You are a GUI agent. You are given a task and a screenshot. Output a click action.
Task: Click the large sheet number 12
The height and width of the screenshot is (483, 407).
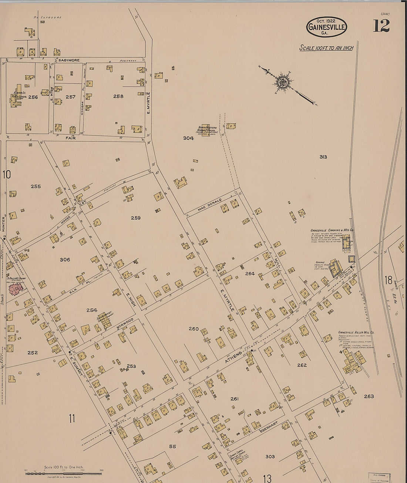[381, 26]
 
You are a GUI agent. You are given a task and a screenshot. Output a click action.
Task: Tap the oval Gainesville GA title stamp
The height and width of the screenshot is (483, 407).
[326, 27]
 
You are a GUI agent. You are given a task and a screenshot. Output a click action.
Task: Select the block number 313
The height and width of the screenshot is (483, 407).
[323, 157]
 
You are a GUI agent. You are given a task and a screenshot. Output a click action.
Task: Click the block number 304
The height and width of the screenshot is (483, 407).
[188, 138]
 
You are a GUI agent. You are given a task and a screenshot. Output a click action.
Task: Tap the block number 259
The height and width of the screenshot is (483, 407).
[135, 218]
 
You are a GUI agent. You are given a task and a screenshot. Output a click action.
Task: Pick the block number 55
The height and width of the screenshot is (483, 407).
[172, 446]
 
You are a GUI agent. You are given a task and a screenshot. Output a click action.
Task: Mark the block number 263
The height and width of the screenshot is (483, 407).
[369, 396]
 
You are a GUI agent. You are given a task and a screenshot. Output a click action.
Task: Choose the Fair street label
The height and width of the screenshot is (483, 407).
[71, 138]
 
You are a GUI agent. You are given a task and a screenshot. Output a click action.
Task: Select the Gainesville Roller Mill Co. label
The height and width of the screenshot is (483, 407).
[356, 332]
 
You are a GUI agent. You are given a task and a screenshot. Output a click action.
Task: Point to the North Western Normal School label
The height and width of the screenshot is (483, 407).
[207, 130]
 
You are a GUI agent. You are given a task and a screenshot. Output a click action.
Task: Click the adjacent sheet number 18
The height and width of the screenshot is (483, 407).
[388, 280]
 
